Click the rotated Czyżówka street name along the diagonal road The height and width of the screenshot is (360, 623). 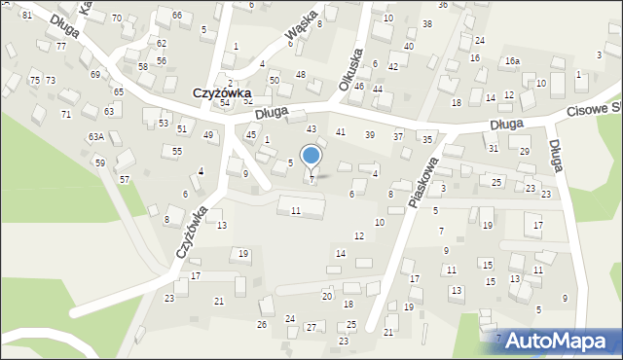click(x=192, y=231)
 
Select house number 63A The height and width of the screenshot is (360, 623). click(x=96, y=137)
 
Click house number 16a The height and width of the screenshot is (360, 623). click(x=512, y=61)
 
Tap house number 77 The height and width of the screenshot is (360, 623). click(x=61, y=46)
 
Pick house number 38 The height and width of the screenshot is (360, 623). click(x=426, y=23)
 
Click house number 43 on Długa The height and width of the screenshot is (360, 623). click(x=311, y=128)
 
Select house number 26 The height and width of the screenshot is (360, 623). click(x=262, y=324)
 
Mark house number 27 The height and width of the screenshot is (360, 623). click(x=311, y=327)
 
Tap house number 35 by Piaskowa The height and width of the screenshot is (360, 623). click(x=427, y=140)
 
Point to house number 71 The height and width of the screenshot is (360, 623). click(x=66, y=114)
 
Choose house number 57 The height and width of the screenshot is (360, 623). click(x=125, y=179)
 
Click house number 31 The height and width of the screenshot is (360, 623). click(x=494, y=148)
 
